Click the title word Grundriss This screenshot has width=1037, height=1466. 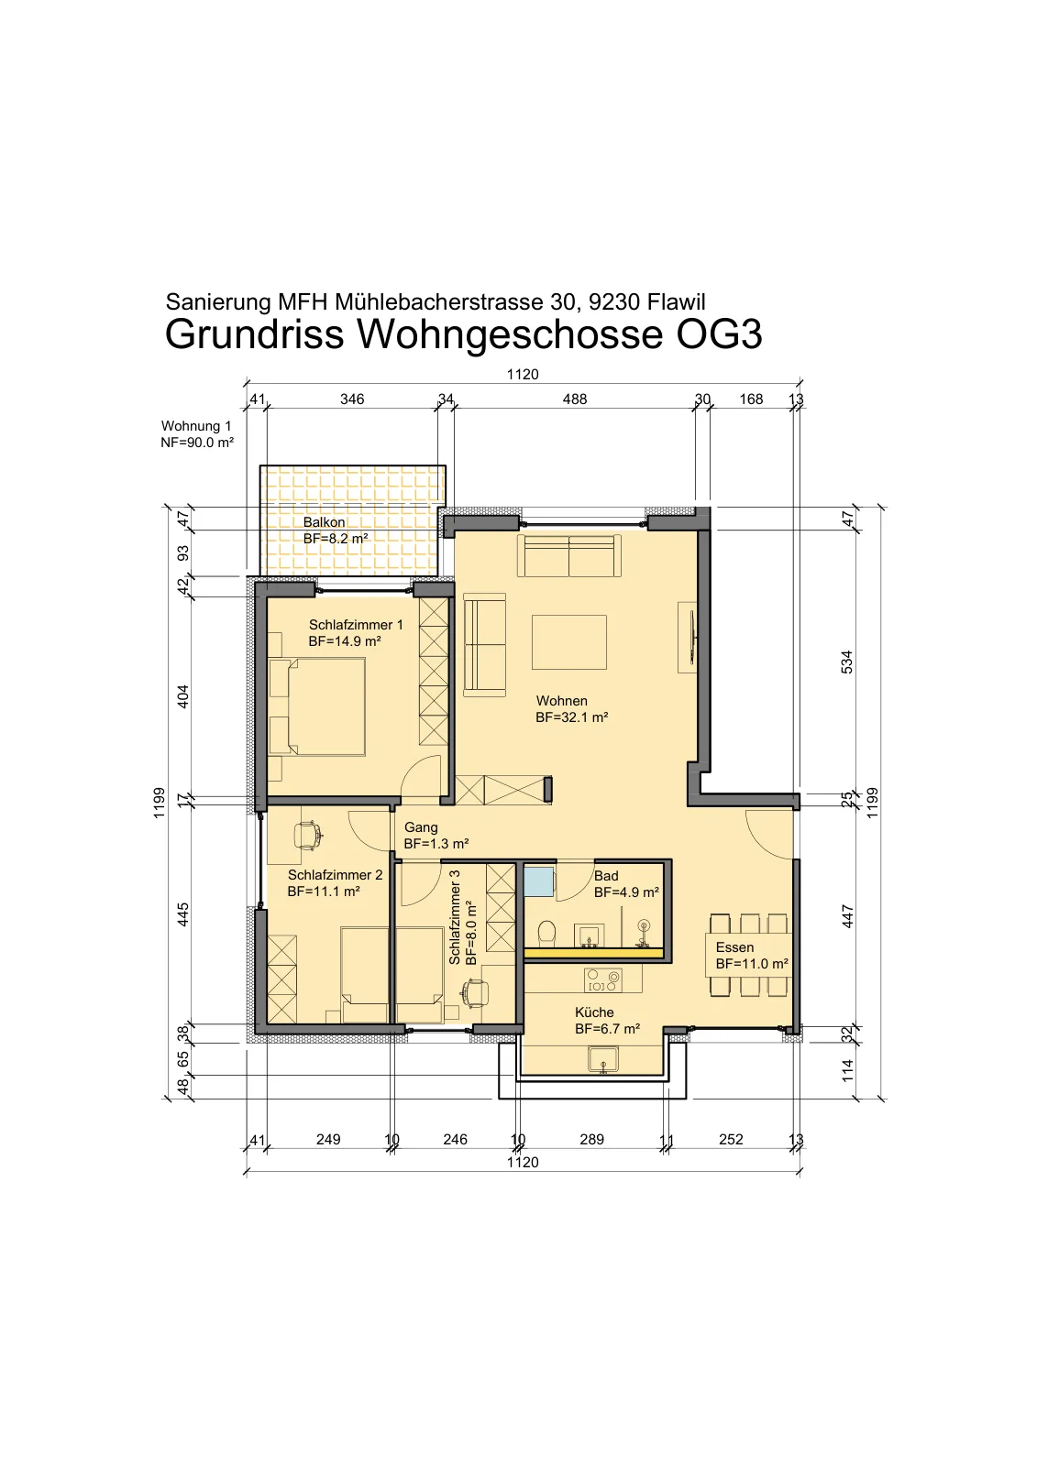tap(254, 335)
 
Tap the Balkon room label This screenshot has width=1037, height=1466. tap(324, 522)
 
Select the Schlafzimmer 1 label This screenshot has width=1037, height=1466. tap(356, 625)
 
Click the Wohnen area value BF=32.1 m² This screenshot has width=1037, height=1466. tap(572, 717)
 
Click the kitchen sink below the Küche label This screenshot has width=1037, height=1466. tap(602, 1059)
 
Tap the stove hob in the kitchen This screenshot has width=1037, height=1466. tap(603, 981)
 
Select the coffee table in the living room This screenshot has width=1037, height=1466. tap(569, 642)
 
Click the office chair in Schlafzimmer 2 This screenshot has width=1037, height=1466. tap(306, 836)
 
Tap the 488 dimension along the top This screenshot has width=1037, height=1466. tap(575, 399)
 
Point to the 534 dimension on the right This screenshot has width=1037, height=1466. tap(847, 662)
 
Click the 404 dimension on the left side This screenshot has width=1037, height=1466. tap(183, 696)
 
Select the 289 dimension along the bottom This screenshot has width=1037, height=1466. tap(591, 1140)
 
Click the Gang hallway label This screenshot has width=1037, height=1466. tap(421, 827)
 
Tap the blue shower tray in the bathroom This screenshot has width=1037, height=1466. tap(538, 881)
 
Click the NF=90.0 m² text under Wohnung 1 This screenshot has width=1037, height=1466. tap(197, 443)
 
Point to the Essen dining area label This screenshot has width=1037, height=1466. tap(734, 947)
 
